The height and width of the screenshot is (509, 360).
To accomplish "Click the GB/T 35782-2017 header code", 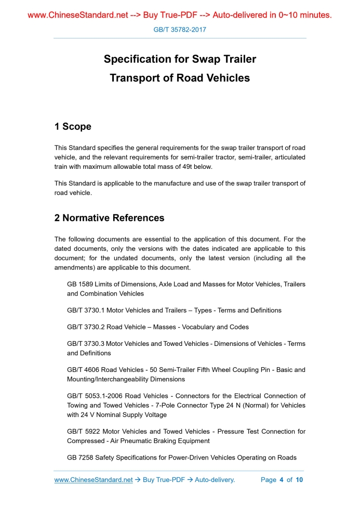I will (x=180, y=30).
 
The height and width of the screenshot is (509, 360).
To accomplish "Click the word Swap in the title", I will (x=192, y=59).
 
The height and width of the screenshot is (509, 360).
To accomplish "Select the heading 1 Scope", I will (x=73, y=127).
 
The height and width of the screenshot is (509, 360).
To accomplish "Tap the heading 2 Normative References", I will (x=109, y=218).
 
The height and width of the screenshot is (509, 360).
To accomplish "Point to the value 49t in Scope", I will (x=179, y=167).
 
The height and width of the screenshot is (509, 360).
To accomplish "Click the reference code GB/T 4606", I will (x=83, y=370).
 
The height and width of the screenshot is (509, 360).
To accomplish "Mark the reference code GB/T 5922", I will (x=83, y=432).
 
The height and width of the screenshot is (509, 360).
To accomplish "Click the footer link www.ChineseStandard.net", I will (x=94, y=480).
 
